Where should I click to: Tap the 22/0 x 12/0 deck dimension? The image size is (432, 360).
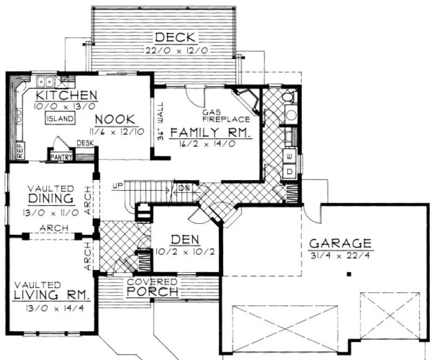177,50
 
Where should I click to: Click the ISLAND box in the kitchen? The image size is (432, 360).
60,119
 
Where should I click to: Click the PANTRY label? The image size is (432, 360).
61,157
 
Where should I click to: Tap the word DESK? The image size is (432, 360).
85,143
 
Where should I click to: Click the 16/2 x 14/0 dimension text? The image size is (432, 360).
211,144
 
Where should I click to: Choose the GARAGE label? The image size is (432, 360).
340,243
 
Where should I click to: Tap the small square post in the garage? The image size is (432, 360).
350,275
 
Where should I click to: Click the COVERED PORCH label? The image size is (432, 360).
153,287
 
